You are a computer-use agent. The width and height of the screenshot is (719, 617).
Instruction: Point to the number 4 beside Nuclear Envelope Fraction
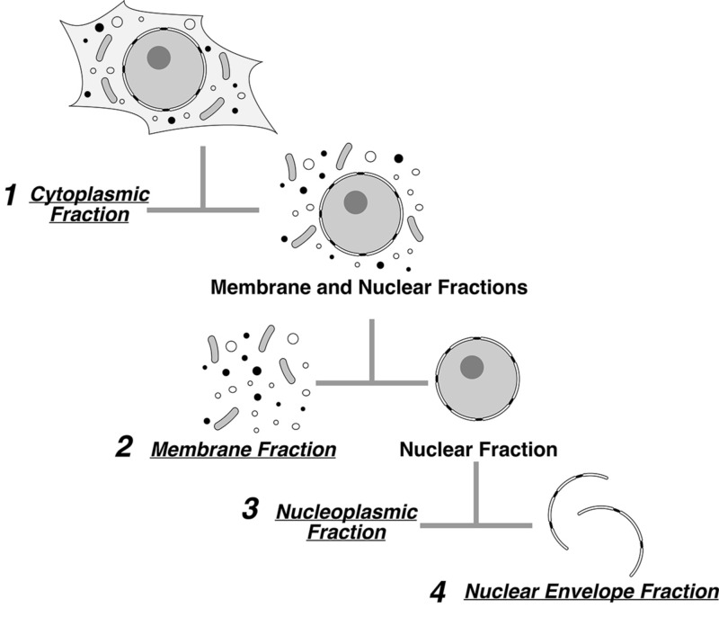(x=438, y=593)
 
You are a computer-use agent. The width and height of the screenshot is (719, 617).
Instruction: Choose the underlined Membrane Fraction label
(x=244, y=448)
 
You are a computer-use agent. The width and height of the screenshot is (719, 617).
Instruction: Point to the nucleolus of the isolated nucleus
(x=472, y=367)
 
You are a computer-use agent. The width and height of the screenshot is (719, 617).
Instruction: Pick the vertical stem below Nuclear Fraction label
(x=475, y=495)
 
